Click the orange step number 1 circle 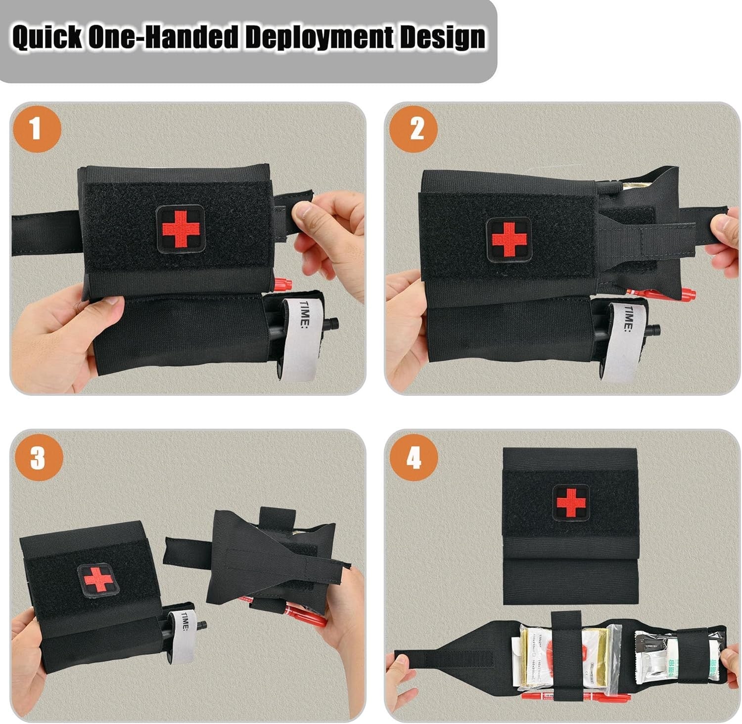[x=36, y=129]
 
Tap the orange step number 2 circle [x=414, y=129]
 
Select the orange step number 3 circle [x=38, y=458]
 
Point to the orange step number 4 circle [x=414, y=458]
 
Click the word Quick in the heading [x=47, y=38]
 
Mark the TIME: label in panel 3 [x=185, y=622]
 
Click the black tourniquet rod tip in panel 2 [x=655, y=328]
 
